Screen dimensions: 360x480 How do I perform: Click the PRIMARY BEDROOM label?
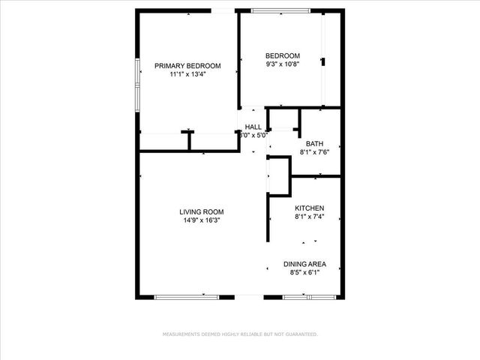187,66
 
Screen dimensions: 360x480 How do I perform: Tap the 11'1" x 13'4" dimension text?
187,74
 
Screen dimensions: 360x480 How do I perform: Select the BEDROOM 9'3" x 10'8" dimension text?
283,64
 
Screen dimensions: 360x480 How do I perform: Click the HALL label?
253,127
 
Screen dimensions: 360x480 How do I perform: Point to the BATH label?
314,143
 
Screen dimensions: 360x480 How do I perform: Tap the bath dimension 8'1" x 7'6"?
314,152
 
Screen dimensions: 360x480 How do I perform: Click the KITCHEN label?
309,208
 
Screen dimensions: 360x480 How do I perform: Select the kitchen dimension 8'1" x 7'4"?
309,217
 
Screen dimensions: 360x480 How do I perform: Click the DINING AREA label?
304,264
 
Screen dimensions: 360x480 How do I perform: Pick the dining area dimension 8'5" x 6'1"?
304,273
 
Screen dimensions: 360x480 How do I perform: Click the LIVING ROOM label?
201,211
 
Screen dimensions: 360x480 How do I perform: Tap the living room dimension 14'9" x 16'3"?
201,220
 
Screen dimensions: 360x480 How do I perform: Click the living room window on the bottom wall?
187,297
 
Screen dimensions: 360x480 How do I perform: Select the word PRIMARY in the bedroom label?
169,66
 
